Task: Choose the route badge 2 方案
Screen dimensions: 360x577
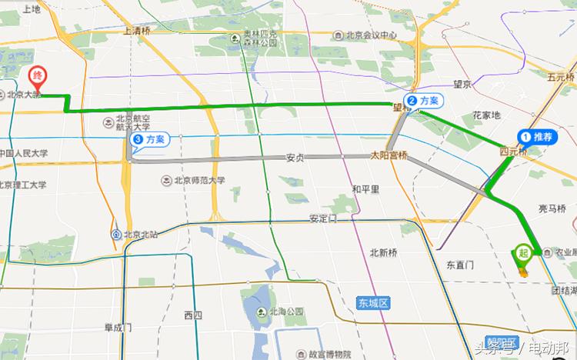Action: click(424, 101)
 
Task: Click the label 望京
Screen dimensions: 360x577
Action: click(462, 84)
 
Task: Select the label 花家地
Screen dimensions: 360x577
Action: click(486, 115)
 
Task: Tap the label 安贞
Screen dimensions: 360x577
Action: click(295, 158)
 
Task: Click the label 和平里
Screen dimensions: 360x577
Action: click(365, 188)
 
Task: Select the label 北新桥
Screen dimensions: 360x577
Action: click(383, 252)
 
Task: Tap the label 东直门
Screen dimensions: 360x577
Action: click(460, 265)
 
